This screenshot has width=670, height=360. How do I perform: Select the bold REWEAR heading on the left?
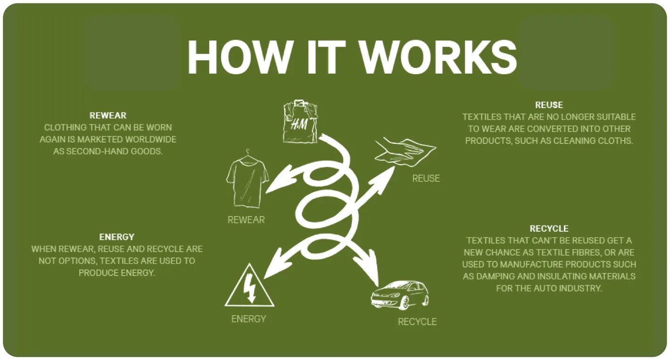[108, 115]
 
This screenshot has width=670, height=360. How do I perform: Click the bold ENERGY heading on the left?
[116, 237]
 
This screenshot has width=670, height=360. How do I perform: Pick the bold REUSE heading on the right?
[549, 105]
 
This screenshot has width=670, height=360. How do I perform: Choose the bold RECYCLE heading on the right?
[549, 228]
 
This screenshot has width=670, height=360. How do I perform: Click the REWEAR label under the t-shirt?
[246, 220]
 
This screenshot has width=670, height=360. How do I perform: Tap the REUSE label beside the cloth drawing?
[426, 178]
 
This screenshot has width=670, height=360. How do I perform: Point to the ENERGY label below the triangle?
[248, 319]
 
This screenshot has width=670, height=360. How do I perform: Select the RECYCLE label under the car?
[417, 322]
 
